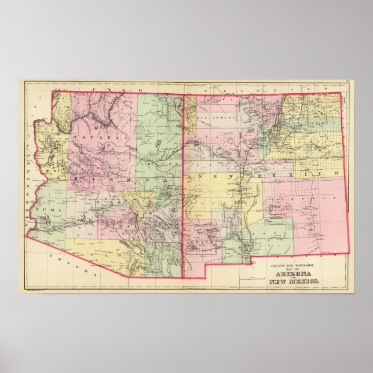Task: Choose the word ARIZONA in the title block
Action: point(293,274)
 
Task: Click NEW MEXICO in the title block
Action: point(293,282)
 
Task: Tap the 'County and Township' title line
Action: point(289,265)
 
